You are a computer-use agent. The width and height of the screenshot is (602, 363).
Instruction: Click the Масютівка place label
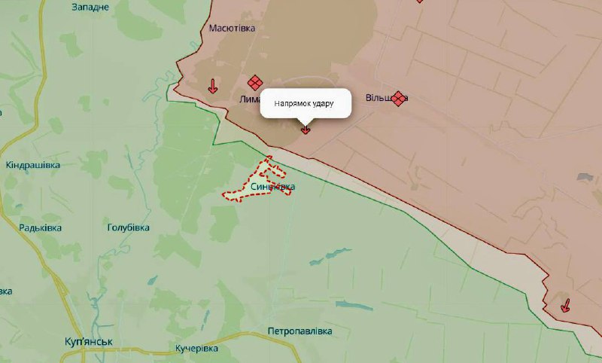(x=232, y=28)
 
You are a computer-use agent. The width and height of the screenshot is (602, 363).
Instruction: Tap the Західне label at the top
(x=90, y=7)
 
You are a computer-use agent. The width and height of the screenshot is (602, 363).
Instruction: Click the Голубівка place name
(x=128, y=227)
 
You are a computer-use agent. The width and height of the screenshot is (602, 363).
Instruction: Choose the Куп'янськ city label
(x=88, y=342)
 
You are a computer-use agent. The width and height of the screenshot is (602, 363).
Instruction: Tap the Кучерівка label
(x=196, y=349)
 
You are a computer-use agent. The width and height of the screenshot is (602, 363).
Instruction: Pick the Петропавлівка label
(x=299, y=331)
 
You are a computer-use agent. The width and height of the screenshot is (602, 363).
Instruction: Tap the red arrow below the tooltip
(x=306, y=129)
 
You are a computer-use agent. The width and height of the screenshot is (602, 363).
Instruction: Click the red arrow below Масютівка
(x=213, y=86)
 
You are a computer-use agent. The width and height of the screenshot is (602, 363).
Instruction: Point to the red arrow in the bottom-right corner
(x=565, y=305)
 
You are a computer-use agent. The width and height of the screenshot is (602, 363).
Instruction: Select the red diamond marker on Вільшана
(x=399, y=98)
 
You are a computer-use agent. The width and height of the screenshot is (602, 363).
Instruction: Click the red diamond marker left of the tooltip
(x=255, y=82)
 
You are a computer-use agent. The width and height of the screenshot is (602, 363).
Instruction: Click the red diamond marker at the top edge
(x=419, y=2)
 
